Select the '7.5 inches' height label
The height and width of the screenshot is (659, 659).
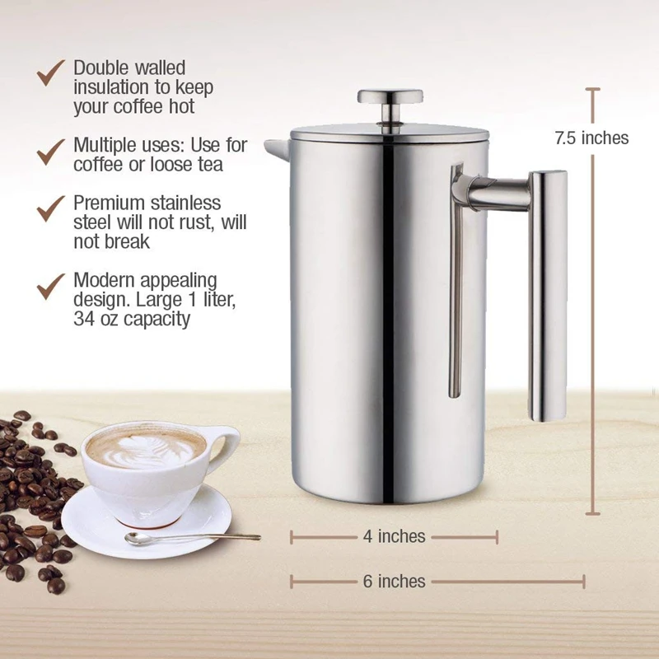click(x=591, y=138)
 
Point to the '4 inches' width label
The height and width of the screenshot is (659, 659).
click(x=394, y=537)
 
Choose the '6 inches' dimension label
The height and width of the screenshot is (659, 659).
click(x=394, y=582)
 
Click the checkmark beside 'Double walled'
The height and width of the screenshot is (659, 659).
click(x=51, y=74)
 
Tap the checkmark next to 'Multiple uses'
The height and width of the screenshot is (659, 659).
click(x=51, y=150)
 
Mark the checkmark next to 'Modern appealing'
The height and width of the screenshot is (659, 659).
click(x=51, y=285)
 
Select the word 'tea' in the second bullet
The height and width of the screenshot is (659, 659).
click(x=210, y=165)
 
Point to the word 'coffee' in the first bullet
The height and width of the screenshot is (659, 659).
click(x=140, y=107)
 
